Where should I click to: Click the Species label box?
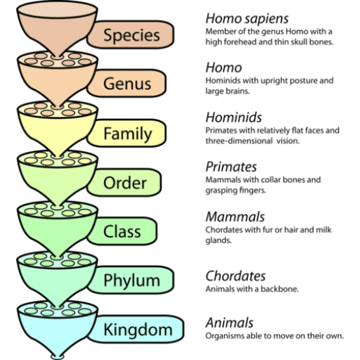pyautogui.click(x=130, y=34)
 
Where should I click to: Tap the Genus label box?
pyautogui.click(x=127, y=83)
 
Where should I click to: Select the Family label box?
pyautogui.click(x=127, y=133)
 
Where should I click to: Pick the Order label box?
pyautogui.click(x=124, y=182)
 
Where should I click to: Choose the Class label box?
pyautogui.click(x=122, y=231)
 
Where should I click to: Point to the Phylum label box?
pyautogui.click(x=130, y=280)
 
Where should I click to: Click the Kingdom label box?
pyautogui.click(x=136, y=329)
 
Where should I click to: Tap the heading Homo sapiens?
pyautogui.click(x=247, y=19)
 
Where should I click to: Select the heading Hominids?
pyautogui.click(x=233, y=117)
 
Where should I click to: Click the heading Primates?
pyautogui.click(x=231, y=167)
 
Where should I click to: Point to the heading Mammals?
pyautogui.click(x=235, y=217)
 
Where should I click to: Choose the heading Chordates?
pyautogui.click(x=236, y=276)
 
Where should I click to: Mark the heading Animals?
pyautogui.click(x=229, y=323)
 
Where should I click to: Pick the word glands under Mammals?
pyautogui.click(x=219, y=240)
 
